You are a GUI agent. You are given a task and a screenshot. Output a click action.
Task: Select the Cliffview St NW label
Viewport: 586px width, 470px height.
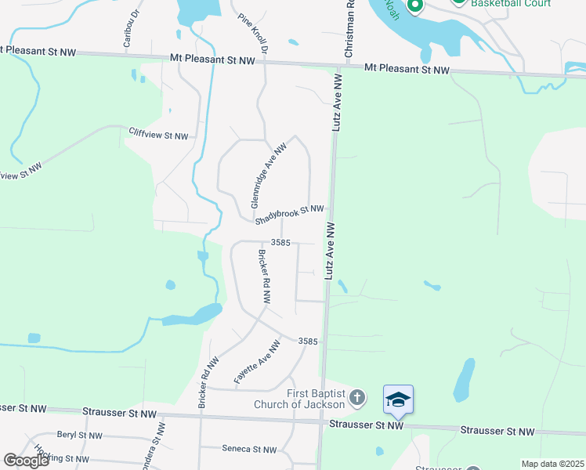pos(158,134)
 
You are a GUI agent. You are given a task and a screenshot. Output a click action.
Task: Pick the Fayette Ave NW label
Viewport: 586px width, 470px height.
pos(258,362)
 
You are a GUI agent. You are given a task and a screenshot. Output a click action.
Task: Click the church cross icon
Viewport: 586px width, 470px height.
pos(356,398)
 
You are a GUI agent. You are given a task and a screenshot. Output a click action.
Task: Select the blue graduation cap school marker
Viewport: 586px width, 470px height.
pos(398,399)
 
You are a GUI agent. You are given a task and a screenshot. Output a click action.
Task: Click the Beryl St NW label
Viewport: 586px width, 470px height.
pos(79,435)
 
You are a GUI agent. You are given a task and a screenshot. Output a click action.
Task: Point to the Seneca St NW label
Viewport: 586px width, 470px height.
pos(249,450)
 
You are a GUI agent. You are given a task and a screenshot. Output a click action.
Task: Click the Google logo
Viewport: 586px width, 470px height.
pos(26,461)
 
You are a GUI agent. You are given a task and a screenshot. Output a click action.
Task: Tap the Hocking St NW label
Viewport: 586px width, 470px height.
pos(63,458)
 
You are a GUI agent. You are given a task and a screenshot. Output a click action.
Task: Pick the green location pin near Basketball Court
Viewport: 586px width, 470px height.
pos(414,6)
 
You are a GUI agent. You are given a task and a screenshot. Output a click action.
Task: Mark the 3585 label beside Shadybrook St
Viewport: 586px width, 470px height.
pos(281,243)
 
